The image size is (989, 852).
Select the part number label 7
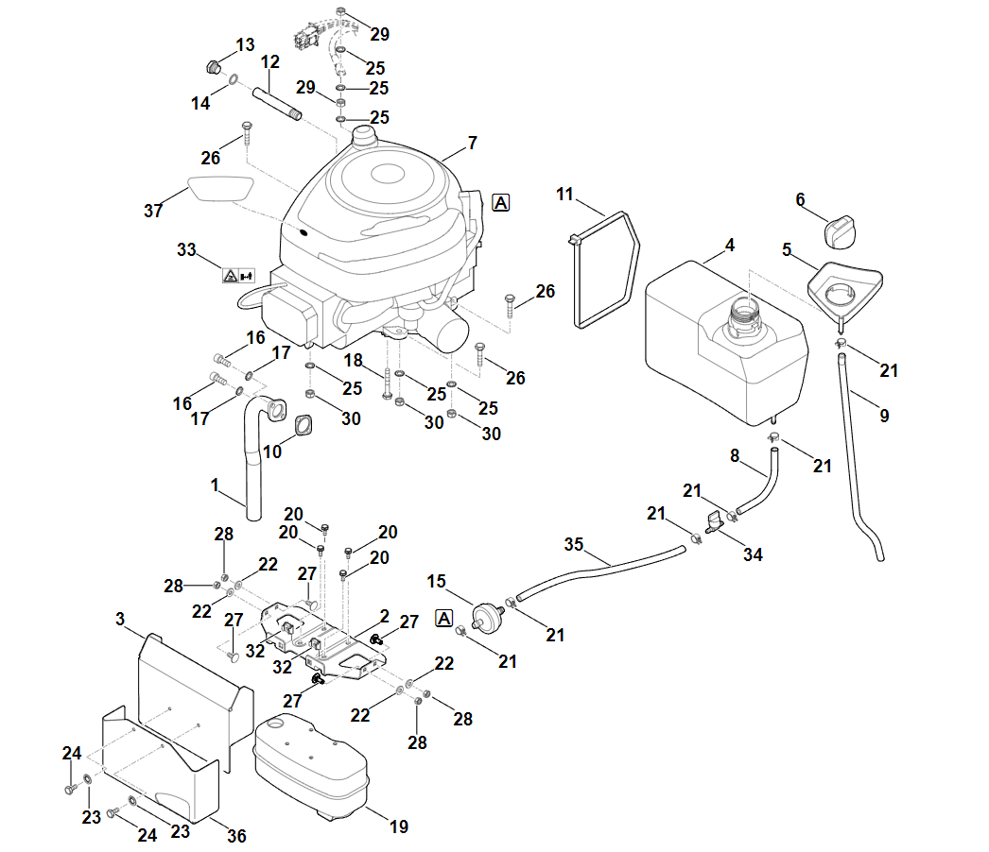pos(472,145)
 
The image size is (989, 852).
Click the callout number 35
pos(574,545)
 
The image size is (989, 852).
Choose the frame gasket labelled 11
pos(605,269)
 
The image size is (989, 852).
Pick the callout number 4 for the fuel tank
pos(730,246)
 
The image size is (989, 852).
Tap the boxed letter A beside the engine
pos(500,202)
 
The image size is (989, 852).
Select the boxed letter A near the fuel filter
pos(443,619)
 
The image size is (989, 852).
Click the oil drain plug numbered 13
pos(213,67)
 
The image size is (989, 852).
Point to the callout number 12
pos(270,62)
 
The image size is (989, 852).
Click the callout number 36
pos(236,836)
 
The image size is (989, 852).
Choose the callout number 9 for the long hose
pos(884,415)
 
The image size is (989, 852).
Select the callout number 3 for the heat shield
pos(120,619)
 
